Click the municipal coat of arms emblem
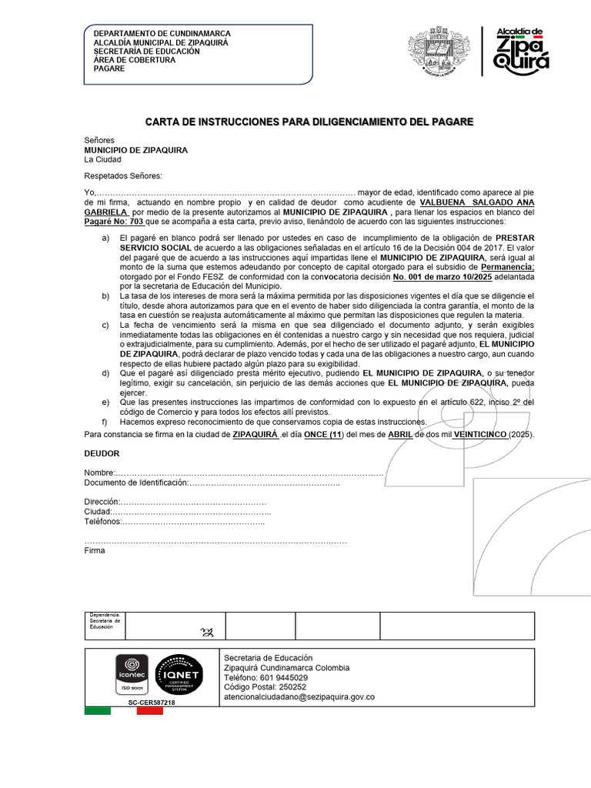[x=436, y=52]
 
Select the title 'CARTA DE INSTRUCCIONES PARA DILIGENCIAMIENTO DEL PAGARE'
[x=310, y=122]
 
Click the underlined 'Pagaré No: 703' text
[x=113, y=221]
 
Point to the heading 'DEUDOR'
[x=102, y=454]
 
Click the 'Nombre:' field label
[x=99, y=472]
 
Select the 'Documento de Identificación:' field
[x=135, y=482]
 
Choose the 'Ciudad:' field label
[x=98, y=512]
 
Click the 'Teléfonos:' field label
[x=103, y=522]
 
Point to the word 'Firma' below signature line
[x=94, y=551]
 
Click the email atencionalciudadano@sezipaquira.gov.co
[x=299, y=696]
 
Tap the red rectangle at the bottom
[x=149, y=711]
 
